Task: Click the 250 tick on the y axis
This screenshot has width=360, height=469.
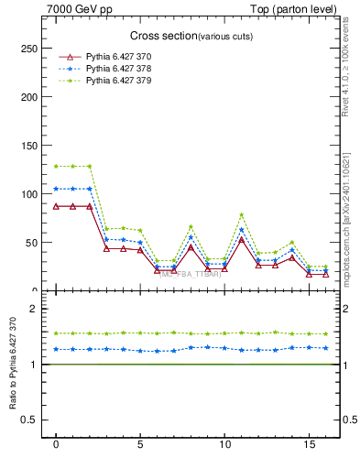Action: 29,49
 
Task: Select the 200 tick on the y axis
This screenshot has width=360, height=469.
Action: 29,97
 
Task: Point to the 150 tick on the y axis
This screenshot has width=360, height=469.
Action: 29,146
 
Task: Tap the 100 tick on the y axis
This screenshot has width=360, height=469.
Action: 29,194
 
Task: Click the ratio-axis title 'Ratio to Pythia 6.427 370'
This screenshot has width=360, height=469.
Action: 12,367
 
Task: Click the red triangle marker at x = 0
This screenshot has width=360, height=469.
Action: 56,206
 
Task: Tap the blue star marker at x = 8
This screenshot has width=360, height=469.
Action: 191,237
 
